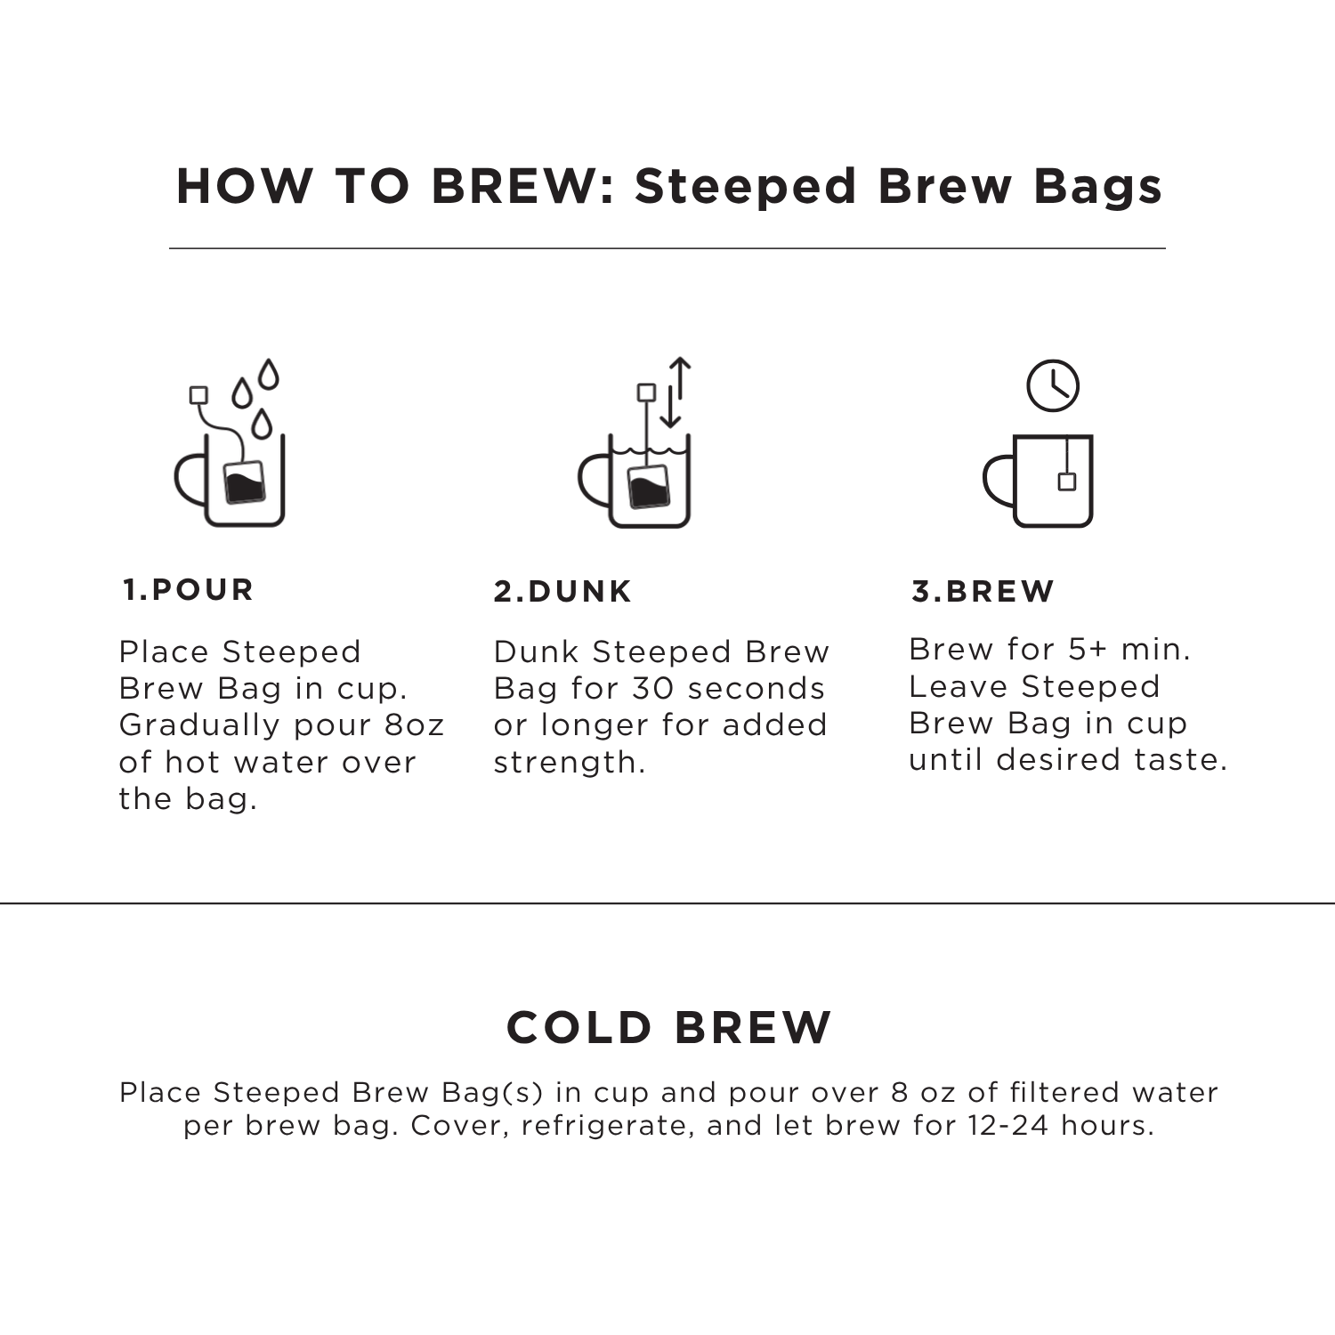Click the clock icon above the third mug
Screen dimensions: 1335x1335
(1053, 386)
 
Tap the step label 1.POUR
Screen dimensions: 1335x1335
(189, 590)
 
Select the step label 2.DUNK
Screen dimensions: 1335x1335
(562, 592)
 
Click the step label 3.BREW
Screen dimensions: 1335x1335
(983, 592)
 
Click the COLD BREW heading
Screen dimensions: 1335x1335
(668, 1028)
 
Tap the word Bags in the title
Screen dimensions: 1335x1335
(1097, 187)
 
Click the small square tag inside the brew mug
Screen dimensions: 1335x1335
(1067, 481)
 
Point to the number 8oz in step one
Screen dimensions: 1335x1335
(414, 725)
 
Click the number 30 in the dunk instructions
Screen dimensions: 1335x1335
(653, 689)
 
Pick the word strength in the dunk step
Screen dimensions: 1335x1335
(568, 763)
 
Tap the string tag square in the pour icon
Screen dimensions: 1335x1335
(199, 395)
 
